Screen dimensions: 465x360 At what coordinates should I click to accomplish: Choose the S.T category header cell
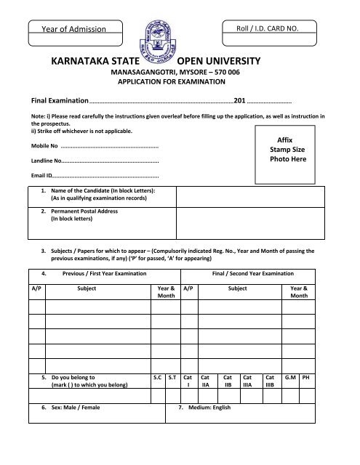(x=172, y=378)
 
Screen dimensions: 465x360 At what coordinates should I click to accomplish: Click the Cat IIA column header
(x=205, y=382)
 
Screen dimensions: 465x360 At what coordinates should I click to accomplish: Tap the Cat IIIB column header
(x=270, y=382)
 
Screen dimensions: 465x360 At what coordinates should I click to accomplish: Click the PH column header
(x=306, y=378)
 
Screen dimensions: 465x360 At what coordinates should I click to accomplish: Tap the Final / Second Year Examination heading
(x=252, y=273)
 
